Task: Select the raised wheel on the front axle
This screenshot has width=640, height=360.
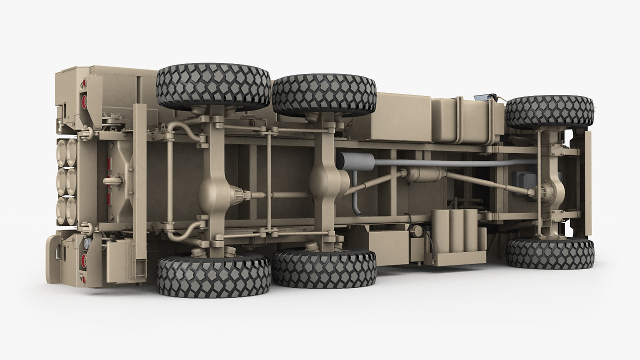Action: [x=549, y=111]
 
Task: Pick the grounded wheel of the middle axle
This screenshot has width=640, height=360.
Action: [x=324, y=269]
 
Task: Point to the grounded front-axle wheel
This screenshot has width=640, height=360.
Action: [x=550, y=253]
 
